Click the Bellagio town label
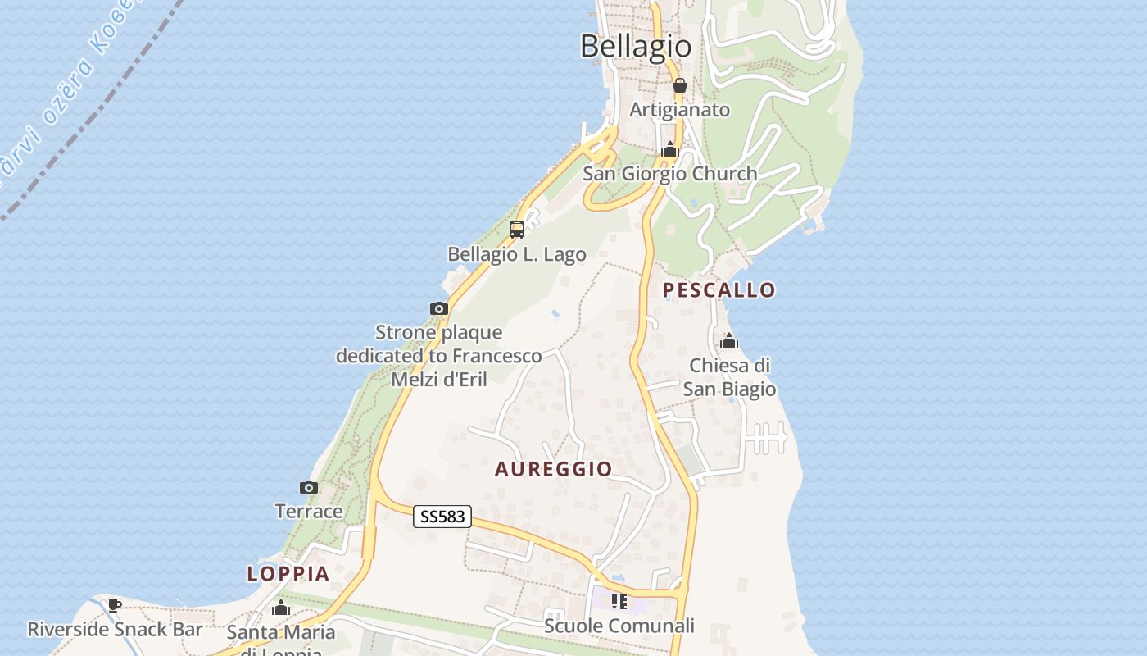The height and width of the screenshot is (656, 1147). (636, 46)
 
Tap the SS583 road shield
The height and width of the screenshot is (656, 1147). (442, 517)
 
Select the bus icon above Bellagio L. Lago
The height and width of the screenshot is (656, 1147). (517, 230)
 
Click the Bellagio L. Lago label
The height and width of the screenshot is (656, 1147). (517, 254)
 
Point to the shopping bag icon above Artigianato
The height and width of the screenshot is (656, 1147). (679, 85)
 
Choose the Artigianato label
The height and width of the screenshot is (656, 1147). (679, 109)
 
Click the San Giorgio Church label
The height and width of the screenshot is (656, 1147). (669, 174)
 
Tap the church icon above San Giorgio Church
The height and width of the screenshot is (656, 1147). (670, 149)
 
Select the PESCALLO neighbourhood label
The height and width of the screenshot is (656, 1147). (719, 290)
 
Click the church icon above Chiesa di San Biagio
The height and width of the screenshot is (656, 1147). (728, 341)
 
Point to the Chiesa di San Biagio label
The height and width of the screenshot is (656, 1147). (729, 376)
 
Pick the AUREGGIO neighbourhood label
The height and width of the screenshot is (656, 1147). (553, 469)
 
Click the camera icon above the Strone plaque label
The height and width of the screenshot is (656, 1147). (439, 309)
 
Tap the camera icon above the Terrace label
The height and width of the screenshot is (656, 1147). (308, 488)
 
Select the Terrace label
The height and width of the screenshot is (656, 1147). (309, 512)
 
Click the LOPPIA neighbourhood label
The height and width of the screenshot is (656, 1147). (288, 574)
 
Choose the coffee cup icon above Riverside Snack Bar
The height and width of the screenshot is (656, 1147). (115, 606)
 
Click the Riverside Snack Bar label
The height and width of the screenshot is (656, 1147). (115, 630)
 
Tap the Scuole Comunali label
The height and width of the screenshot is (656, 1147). (619, 626)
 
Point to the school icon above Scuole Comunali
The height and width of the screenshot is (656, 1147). (619, 603)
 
